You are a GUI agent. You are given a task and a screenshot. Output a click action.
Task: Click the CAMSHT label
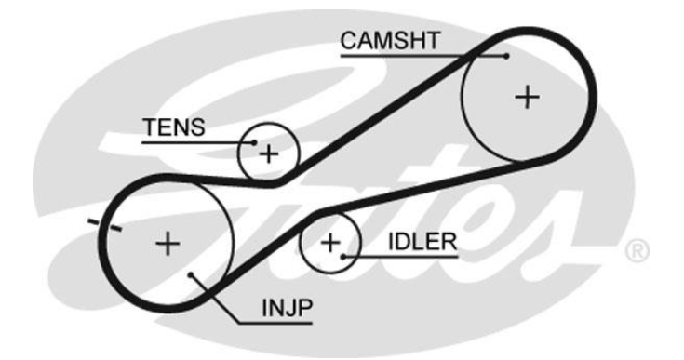[390, 41]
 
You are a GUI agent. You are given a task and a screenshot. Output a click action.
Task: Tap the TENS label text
[174, 127]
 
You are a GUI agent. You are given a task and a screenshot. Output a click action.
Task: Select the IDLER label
[422, 242]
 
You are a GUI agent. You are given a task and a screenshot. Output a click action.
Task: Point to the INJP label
[287, 308]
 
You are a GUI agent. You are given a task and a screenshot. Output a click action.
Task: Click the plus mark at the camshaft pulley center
[528, 97]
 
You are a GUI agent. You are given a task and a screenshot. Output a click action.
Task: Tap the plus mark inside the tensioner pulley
[269, 153]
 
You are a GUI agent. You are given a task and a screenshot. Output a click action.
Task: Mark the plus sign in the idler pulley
[330, 242]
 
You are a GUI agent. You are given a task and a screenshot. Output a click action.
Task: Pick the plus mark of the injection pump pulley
[168, 243]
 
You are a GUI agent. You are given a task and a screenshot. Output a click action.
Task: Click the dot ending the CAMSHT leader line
[506, 56]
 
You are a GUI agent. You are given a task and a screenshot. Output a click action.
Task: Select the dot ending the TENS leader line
[254, 142]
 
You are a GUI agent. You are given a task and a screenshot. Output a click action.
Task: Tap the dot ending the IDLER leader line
[343, 257]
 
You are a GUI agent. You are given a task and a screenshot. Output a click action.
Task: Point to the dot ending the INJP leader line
[190, 274]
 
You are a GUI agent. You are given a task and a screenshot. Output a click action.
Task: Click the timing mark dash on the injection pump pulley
[104, 225]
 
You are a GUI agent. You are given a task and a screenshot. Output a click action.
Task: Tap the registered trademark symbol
[637, 251]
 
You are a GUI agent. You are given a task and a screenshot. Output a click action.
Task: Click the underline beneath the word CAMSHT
[423, 56]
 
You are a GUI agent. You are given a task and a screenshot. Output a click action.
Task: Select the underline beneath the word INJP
[275, 324]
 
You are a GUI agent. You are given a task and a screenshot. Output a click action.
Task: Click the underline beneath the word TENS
[197, 142]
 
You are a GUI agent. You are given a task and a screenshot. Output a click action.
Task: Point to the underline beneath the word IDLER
[401, 257]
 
